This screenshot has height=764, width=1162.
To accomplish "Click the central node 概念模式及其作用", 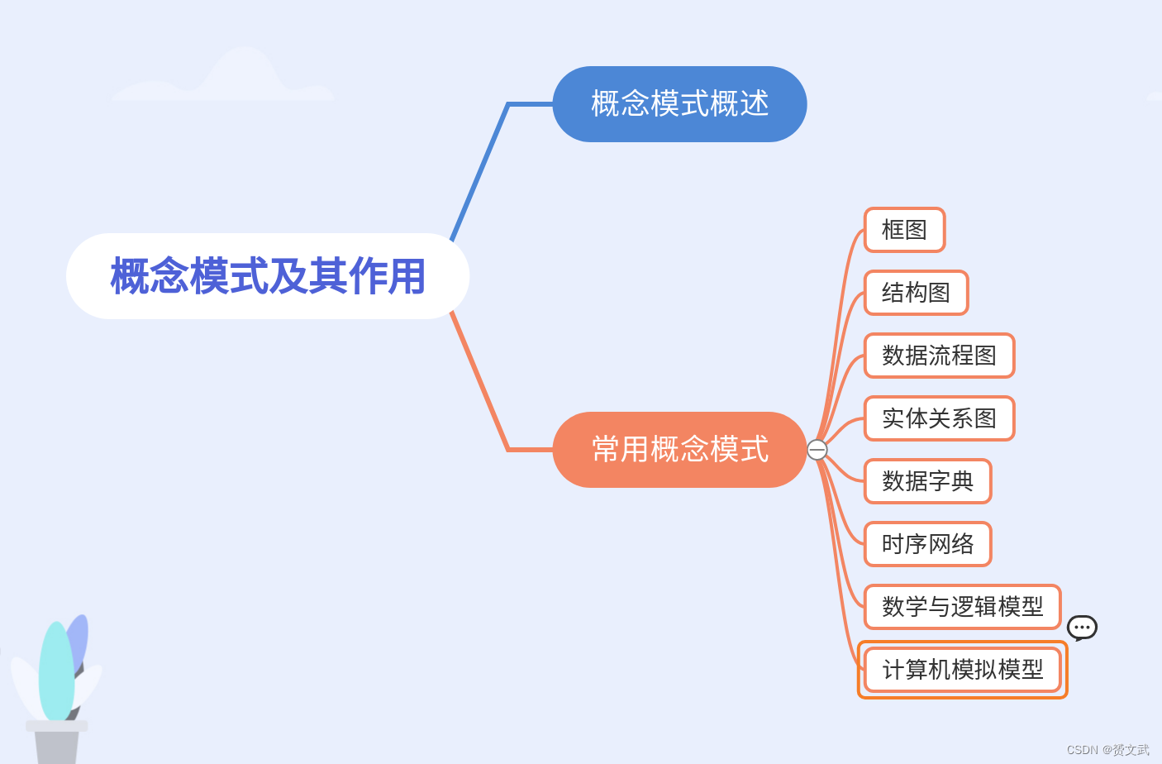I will tap(268, 276).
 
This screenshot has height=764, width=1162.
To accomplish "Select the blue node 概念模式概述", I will tap(679, 104).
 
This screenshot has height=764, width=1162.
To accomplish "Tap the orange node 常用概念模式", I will tap(679, 450).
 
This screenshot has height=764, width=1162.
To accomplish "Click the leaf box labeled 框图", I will tap(904, 230).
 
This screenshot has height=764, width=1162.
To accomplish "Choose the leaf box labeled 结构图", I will tap(916, 293).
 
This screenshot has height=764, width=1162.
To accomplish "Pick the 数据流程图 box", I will tap(939, 356).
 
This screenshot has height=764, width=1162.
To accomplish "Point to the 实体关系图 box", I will tap(939, 418).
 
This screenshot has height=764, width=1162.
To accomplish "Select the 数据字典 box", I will tap(927, 481).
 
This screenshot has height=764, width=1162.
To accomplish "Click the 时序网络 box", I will tap(927, 544).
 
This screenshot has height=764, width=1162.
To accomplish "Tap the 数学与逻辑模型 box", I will tap(962, 607).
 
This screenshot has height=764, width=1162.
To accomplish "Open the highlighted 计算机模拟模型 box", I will tap(962, 670).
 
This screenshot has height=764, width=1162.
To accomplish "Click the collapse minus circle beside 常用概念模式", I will tap(817, 450).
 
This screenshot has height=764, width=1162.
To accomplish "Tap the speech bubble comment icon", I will tap(1082, 628).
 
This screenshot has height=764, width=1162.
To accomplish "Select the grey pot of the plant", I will tap(56, 744).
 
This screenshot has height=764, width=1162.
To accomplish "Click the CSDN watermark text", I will tap(1107, 750).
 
